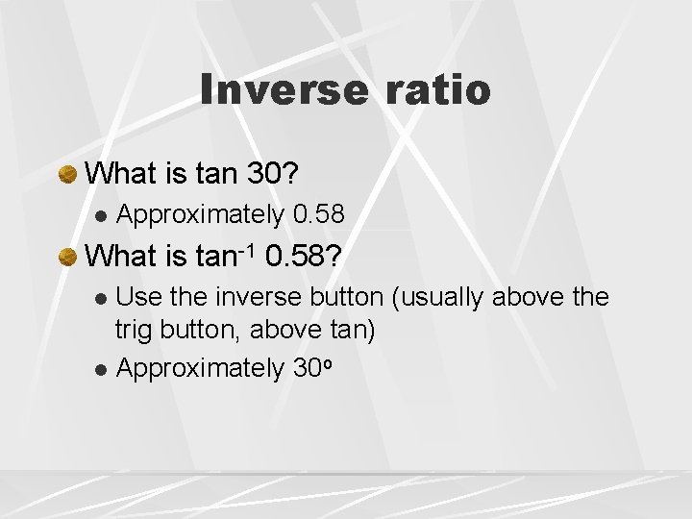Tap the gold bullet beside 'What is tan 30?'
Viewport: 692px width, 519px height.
tap(67, 175)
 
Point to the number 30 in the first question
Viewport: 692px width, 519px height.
tap(265, 174)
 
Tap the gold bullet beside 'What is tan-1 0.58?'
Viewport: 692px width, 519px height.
tap(67, 257)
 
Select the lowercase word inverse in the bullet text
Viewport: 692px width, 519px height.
tap(258, 297)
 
